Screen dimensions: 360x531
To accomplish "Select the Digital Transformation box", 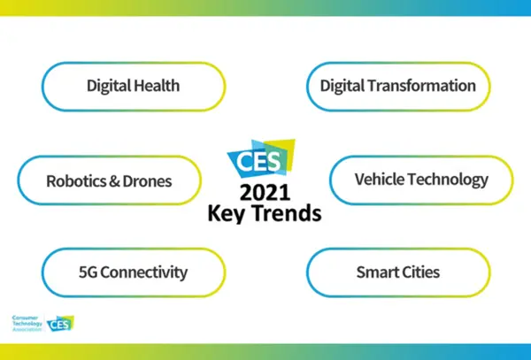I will [x=397, y=86].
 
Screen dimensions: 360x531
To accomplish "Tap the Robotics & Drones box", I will [x=109, y=181].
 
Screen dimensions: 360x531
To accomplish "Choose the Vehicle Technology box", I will [x=421, y=180].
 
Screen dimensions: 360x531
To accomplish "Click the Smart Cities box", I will [x=397, y=272].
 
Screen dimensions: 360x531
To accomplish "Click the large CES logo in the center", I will [x=263, y=158].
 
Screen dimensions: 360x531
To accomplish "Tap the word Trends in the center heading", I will [x=286, y=214].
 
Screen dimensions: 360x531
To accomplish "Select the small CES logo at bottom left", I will [x=61, y=324].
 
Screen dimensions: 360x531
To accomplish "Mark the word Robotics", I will [x=74, y=181].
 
